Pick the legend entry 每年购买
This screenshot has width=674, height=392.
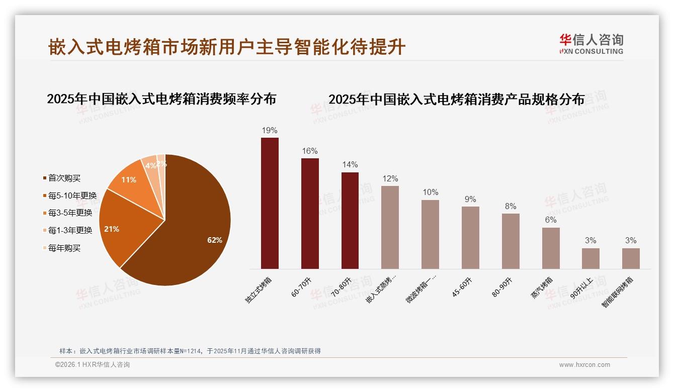[x=64, y=248]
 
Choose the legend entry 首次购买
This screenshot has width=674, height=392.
[x=64, y=178]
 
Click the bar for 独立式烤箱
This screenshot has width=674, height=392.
[x=270, y=203]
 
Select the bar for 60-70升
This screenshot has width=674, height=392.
[x=310, y=214]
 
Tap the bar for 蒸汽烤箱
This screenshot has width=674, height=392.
[x=551, y=248]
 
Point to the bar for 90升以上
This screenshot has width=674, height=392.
[x=591, y=258]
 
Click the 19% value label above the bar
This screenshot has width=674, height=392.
[x=270, y=131]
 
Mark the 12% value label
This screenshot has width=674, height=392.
[x=390, y=179]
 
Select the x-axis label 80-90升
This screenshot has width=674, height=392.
[x=502, y=286]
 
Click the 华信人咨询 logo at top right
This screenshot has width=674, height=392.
[x=592, y=44]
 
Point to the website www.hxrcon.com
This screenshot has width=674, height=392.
[x=584, y=365]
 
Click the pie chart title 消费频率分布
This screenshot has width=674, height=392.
[x=161, y=99]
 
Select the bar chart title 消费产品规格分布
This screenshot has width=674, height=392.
[x=456, y=100]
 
